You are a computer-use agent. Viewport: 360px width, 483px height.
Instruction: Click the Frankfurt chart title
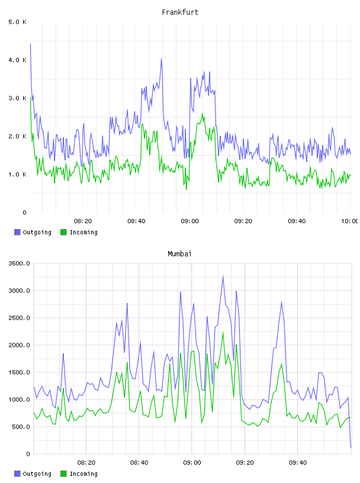coord(180,12)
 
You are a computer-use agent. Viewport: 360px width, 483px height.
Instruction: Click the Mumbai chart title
coord(179,254)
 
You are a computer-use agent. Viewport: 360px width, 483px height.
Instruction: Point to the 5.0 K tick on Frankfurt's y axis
coord(17,22)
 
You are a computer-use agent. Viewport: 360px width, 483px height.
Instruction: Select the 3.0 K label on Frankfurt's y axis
coord(17,98)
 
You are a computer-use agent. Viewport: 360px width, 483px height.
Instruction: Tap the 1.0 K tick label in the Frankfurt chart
coord(17,175)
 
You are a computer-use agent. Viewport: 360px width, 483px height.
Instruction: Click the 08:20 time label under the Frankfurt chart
coord(83,221)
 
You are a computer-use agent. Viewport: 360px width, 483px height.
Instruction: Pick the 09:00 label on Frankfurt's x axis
coord(190,221)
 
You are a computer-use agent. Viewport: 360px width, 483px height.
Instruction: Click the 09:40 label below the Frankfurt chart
coord(297,221)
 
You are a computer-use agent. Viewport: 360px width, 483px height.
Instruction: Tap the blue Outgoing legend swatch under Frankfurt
coord(17,232)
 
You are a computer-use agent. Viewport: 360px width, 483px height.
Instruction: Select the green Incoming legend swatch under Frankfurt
coord(63,232)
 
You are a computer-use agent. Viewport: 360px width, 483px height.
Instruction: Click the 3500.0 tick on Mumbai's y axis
coord(19,263)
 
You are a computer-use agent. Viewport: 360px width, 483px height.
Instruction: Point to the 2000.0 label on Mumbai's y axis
coord(19,345)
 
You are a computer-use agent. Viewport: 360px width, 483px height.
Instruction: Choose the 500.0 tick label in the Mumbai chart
coord(21,427)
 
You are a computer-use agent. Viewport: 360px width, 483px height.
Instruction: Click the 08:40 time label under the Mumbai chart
coord(139,463)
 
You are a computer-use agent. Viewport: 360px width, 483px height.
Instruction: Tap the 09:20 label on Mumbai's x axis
coord(245,463)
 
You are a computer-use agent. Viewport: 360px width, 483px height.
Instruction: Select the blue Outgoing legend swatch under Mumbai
coord(17,474)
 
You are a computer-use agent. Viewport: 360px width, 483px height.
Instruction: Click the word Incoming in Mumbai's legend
coord(83,474)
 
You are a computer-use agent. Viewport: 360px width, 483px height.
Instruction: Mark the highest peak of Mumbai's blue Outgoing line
coord(223,276)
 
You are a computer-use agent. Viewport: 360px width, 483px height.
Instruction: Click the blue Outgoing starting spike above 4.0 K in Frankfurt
coord(30,44)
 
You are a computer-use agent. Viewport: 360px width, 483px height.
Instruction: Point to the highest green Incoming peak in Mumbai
coord(223,333)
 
